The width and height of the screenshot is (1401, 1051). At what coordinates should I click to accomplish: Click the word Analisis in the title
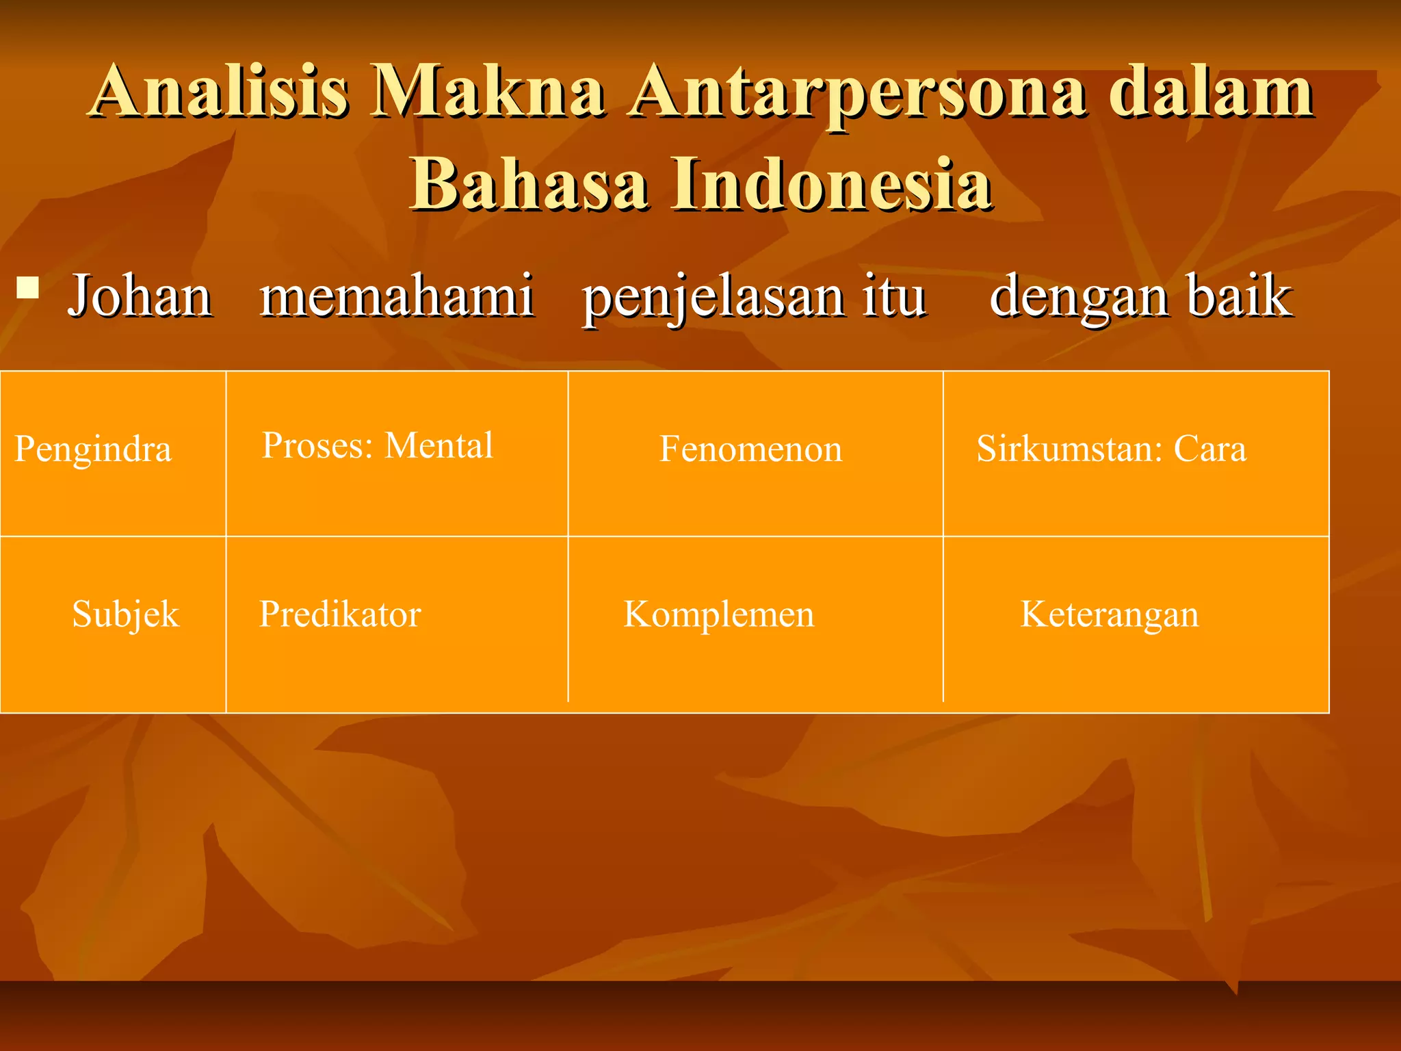(219, 91)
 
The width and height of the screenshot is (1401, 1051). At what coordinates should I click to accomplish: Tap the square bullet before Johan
(27, 287)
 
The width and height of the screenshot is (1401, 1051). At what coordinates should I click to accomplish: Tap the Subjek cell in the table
(125, 614)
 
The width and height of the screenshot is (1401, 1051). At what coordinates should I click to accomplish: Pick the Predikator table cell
(340, 614)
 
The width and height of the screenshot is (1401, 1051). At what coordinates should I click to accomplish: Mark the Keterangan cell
(1110, 614)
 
